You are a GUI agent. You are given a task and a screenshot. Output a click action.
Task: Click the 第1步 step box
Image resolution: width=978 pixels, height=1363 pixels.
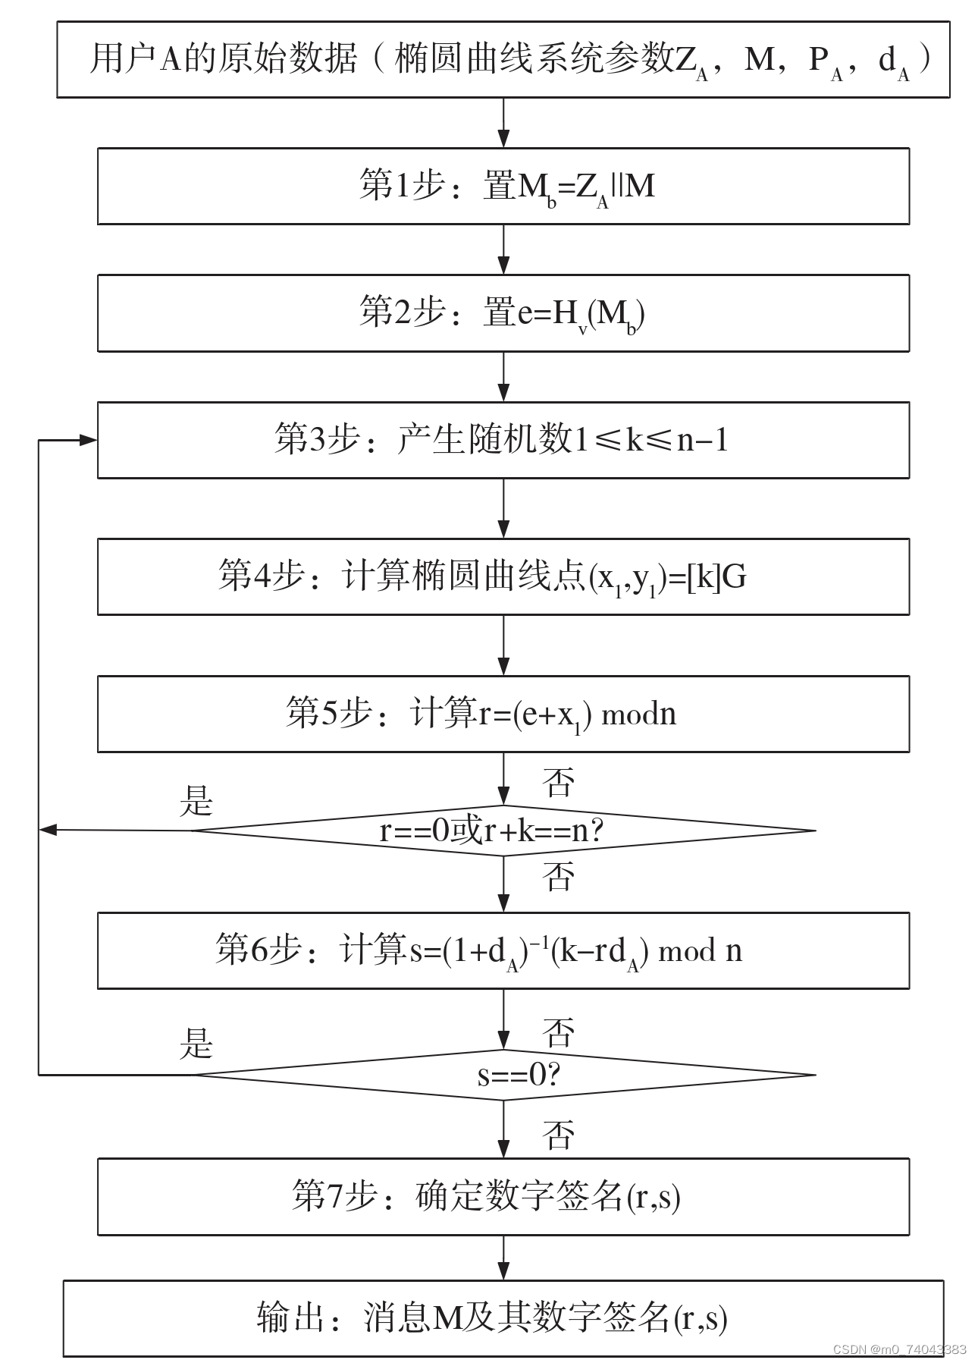(x=503, y=186)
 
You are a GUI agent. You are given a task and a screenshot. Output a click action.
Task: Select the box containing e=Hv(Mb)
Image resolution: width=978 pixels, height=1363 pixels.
(x=503, y=312)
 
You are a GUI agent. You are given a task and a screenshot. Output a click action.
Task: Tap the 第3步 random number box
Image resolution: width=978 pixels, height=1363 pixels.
(x=503, y=440)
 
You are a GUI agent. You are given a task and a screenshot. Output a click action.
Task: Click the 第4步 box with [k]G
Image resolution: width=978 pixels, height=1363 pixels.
(x=503, y=576)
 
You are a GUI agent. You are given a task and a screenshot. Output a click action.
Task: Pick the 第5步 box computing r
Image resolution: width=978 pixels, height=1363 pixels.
(x=503, y=714)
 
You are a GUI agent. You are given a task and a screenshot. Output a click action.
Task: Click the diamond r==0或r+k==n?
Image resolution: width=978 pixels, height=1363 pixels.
(x=503, y=831)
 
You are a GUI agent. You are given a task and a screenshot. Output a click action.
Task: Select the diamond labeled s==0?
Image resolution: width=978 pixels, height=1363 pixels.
(x=503, y=1074)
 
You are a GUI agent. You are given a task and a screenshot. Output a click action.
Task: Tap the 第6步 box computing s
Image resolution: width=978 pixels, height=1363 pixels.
(x=503, y=950)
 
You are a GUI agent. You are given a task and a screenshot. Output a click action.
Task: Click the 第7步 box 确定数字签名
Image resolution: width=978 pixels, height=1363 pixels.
(x=503, y=1196)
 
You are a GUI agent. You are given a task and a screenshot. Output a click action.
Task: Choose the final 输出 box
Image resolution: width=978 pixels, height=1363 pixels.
(x=503, y=1318)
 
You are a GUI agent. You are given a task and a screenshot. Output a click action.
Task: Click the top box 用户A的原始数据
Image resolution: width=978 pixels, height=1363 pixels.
(x=503, y=59)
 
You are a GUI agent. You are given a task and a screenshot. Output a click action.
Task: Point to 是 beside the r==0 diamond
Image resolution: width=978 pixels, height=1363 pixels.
(x=196, y=801)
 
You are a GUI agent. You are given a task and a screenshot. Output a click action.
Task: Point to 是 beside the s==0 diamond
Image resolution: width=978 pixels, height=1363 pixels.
(x=196, y=1044)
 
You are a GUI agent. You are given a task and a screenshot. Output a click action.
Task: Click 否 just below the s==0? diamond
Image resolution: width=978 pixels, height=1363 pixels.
(x=559, y=1135)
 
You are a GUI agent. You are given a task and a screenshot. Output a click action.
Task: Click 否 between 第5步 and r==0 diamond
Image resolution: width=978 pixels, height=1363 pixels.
(x=559, y=783)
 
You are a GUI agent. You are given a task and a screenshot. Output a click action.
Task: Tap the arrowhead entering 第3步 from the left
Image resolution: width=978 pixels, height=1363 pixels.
(x=88, y=440)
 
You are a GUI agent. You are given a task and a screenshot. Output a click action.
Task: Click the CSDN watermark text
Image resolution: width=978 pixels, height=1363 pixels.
(x=899, y=1349)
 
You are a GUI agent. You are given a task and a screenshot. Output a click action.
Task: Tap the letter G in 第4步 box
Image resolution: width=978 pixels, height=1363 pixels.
(x=734, y=577)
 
